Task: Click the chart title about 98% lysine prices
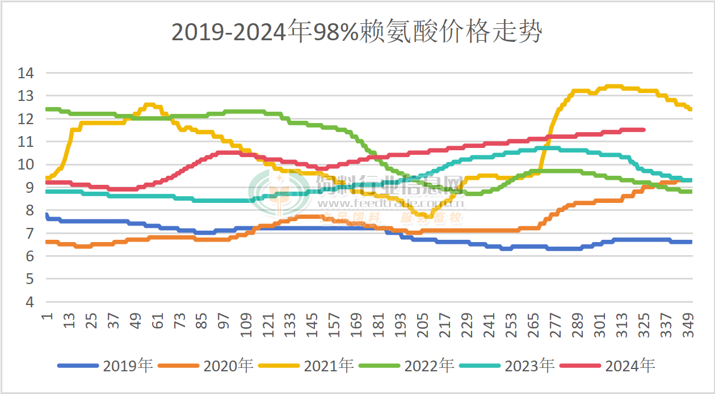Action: (357, 33)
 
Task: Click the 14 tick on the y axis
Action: (26, 73)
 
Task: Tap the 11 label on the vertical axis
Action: (26, 142)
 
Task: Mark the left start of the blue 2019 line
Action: (46, 215)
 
